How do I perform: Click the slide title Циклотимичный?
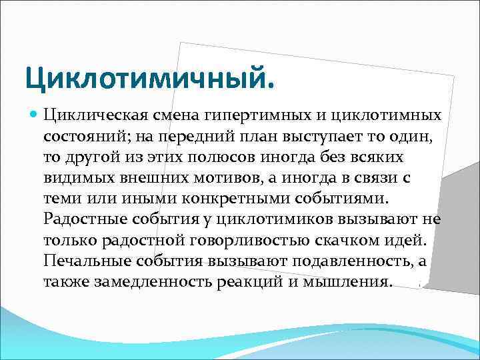(x=149, y=79)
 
